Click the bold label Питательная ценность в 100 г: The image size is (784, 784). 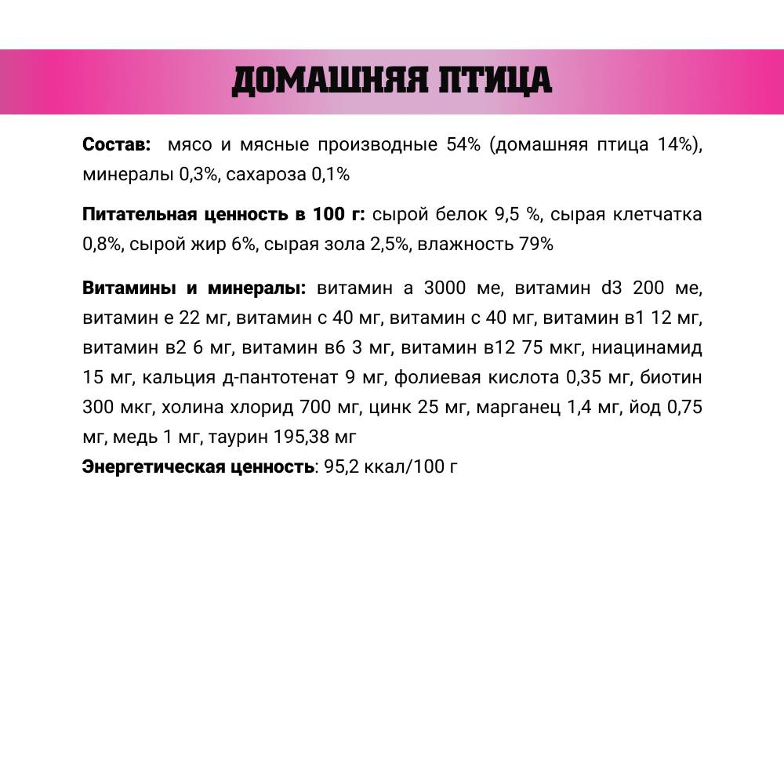tap(223, 214)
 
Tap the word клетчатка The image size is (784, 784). tap(657, 214)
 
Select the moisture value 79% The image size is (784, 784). tap(536, 244)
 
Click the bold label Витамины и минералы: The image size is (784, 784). tap(194, 288)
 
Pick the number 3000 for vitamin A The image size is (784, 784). tap(445, 288)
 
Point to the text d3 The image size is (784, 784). tap(612, 288)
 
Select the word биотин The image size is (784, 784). tap(671, 378)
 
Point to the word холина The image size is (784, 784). tap(192, 408)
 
